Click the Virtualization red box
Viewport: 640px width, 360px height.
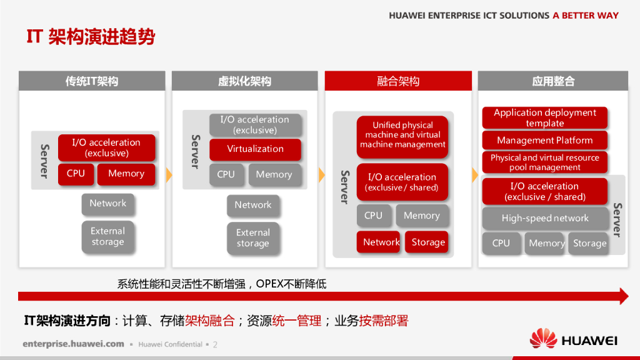click(x=255, y=149)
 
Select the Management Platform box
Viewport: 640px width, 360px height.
click(x=544, y=140)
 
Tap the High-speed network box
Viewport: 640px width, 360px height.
click(x=545, y=218)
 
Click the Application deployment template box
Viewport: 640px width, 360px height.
click(x=544, y=117)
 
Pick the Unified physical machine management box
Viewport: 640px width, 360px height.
click(x=402, y=135)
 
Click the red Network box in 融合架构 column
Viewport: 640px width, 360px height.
click(x=378, y=242)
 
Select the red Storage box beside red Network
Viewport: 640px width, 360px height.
click(x=427, y=242)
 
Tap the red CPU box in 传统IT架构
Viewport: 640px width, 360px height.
click(x=76, y=174)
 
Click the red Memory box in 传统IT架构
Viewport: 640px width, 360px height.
click(x=126, y=174)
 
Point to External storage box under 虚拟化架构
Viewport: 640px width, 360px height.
click(x=253, y=237)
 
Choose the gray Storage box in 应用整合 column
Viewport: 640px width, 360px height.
click(x=589, y=243)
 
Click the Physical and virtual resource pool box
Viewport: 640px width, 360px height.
click(x=544, y=162)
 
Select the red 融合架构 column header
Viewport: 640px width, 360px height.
click(x=398, y=81)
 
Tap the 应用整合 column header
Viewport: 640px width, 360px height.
click(x=553, y=81)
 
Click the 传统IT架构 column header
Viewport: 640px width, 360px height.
click(x=92, y=81)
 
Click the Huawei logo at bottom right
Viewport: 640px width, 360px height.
click(x=573, y=340)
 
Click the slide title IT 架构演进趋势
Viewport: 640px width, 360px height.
click(x=91, y=37)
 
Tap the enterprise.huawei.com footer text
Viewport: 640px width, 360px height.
click(x=73, y=344)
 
